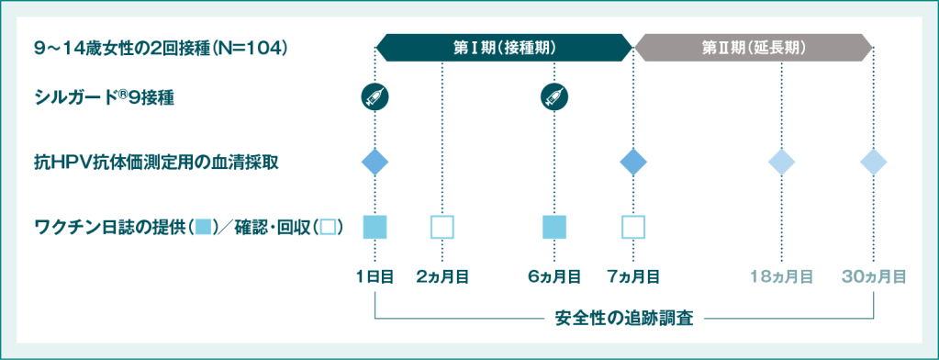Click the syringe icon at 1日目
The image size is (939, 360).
pyautogui.click(x=374, y=96)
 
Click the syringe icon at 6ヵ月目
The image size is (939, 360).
pyautogui.click(x=554, y=96)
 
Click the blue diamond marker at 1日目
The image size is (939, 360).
pyautogui.click(x=374, y=162)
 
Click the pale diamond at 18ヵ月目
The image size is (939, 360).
pyautogui.click(x=781, y=162)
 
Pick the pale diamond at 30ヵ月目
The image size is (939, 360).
pyautogui.click(x=874, y=162)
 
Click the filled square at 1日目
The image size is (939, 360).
pyautogui.click(x=374, y=226)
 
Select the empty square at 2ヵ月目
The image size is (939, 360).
pyautogui.click(x=442, y=226)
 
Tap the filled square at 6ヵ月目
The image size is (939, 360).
pyautogui.click(x=554, y=226)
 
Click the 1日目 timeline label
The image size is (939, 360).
pyautogui.click(x=374, y=276)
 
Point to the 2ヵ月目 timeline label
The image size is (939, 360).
pyautogui.click(x=442, y=276)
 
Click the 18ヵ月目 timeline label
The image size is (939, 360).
pyautogui.click(x=781, y=276)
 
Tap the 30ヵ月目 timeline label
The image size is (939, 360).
pyautogui.click(x=874, y=276)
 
